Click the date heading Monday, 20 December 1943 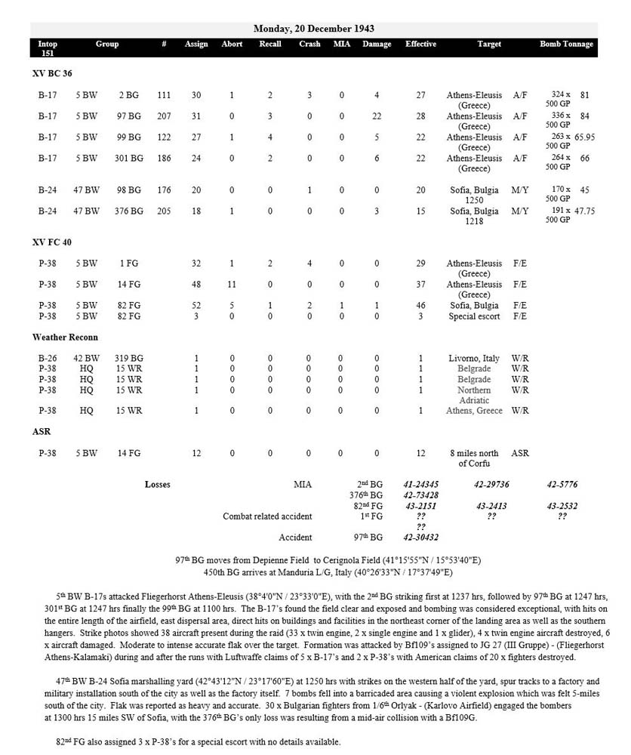[x=313, y=29]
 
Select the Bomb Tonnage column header [x=566, y=45]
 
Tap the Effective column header [x=420, y=45]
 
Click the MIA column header [x=342, y=45]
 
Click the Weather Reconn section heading [x=65, y=337]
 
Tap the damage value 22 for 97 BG [x=376, y=116]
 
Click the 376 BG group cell [x=130, y=211]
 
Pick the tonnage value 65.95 [x=584, y=137]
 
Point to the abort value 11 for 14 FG [x=232, y=285]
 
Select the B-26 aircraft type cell [x=48, y=358]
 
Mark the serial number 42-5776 [x=563, y=485]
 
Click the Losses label [x=158, y=485]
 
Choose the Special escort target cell [x=474, y=316]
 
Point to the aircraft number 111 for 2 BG [x=164, y=95]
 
